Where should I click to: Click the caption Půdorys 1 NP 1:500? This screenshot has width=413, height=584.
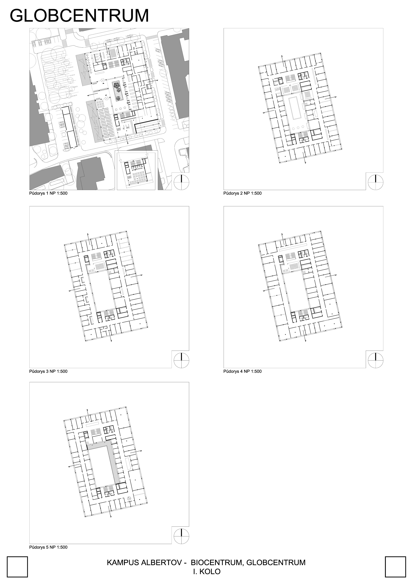point(48,193)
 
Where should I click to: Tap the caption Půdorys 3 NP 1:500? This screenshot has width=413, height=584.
point(48,371)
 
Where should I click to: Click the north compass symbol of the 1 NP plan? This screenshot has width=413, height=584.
point(182,182)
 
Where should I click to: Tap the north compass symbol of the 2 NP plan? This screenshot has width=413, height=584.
point(376,182)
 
